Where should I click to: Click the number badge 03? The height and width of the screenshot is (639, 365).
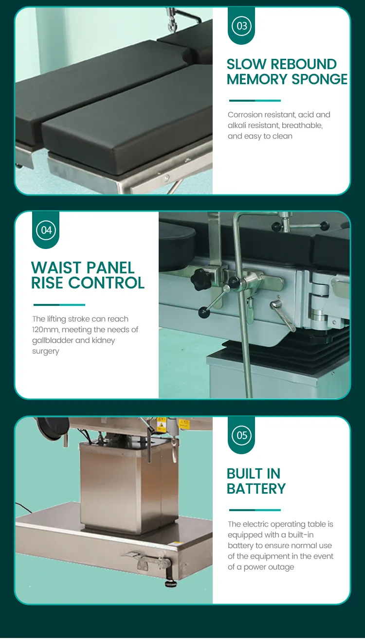[x=241, y=26]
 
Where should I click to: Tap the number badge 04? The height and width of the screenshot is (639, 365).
[x=46, y=230]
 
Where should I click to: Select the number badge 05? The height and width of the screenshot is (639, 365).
[x=241, y=435]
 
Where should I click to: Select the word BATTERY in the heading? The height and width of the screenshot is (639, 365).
[x=256, y=489]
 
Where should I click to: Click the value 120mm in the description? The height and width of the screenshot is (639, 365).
[x=46, y=330]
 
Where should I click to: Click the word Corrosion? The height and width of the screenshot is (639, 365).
[x=245, y=115]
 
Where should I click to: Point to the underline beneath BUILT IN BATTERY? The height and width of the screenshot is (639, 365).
[x=255, y=510]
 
